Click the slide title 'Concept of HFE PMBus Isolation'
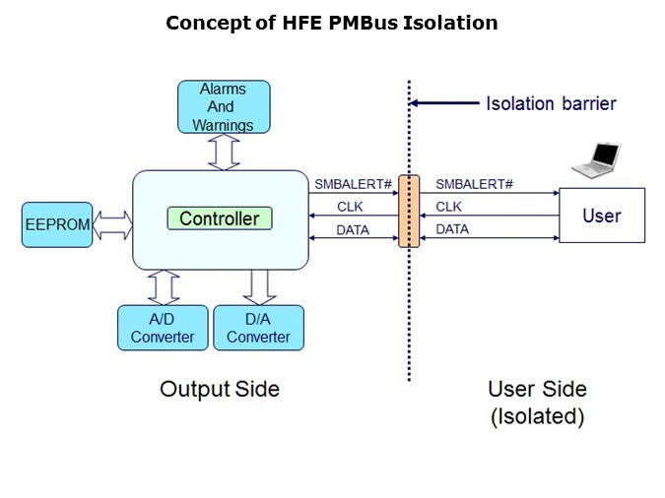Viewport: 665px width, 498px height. pos(331,23)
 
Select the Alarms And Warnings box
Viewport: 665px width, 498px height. pos(223,106)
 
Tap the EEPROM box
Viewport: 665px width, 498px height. pos(56,224)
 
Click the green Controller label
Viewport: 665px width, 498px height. pos(219,218)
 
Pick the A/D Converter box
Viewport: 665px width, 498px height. pos(163,328)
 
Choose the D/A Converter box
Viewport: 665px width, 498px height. pos(259,328)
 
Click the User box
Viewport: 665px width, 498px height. pos(602,216)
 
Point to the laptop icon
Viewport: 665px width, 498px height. pos(597,160)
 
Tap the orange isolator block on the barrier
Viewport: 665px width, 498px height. pos(409,211)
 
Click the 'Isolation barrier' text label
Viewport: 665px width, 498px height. pos(551,103)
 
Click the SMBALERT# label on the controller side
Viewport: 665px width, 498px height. pos(352,184)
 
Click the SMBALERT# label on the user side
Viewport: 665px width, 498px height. pos(474,184)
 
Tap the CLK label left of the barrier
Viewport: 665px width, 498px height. pos(350,207)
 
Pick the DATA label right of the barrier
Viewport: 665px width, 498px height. pos(452,229)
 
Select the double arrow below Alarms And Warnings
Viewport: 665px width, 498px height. pos(223,152)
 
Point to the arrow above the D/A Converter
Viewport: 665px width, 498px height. pos(259,286)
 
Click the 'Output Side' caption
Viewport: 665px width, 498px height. pos(220,390)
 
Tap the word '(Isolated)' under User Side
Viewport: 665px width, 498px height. pos(538,416)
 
